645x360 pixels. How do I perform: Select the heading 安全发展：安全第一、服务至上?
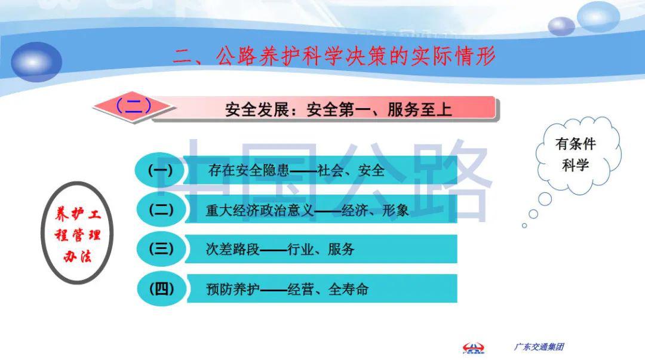coord(338,110)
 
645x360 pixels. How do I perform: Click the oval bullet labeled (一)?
coord(160,171)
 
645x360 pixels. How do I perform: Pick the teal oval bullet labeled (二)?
coord(160,210)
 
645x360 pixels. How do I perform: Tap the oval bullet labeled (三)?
coord(160,249)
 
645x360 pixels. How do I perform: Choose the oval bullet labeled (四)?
coord(160,289)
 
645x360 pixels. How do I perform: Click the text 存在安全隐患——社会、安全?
coord(296,171)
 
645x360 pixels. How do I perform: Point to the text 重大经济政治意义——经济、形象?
coord(307,211)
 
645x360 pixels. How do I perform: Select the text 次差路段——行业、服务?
coord(277,250)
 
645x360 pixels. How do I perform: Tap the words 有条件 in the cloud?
coord(576,144)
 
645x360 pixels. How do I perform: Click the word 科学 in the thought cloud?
coord(576,165)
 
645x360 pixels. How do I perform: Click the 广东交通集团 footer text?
coord(539,347)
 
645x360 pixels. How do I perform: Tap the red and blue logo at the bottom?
coord(474,347)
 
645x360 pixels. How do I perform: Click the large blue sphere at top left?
coord(36,61)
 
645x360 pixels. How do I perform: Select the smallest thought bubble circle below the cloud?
coord(524,226)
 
